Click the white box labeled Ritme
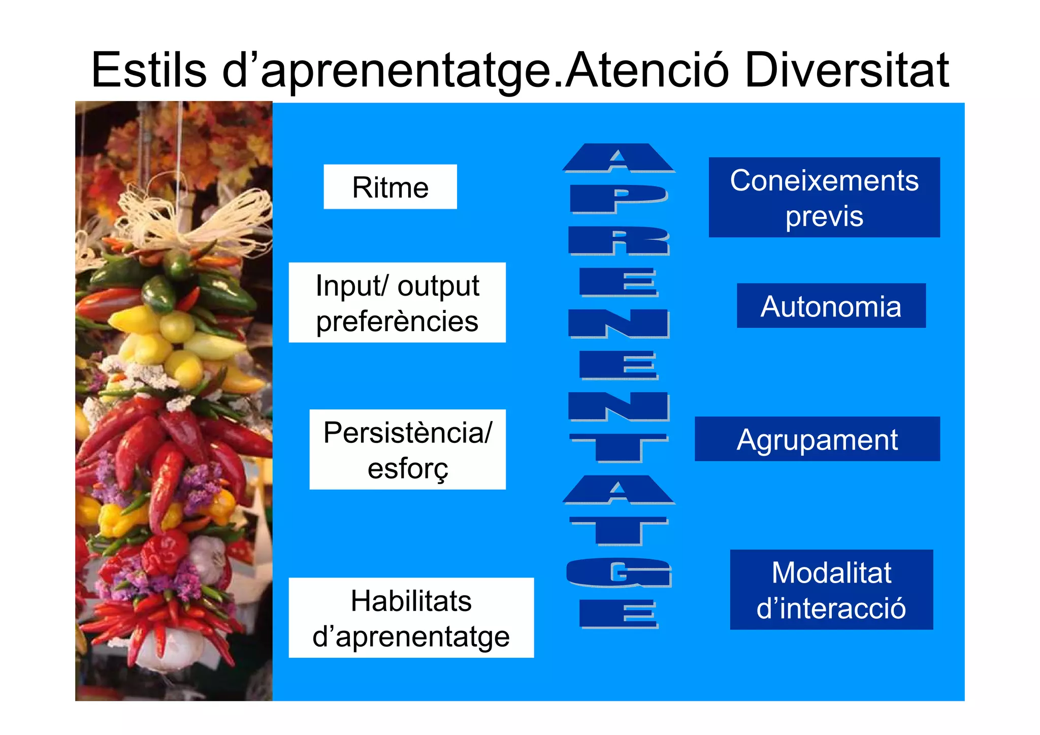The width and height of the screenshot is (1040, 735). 390,187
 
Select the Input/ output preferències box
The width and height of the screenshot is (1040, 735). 397,303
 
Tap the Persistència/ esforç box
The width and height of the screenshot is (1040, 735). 407,450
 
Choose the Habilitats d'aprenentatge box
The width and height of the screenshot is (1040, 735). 411,618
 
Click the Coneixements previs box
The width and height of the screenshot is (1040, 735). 824,197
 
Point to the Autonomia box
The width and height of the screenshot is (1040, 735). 831,306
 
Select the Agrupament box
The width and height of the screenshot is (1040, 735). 817,439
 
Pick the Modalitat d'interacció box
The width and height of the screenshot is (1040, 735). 831,590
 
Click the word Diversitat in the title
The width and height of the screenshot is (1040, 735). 847,70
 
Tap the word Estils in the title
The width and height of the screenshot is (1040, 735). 149,70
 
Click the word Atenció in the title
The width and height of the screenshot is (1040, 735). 647,70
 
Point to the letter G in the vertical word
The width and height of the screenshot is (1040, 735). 619,573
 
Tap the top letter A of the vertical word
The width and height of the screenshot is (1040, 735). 618,158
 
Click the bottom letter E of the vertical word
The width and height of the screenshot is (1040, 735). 619,614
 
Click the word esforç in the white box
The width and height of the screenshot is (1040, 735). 408,468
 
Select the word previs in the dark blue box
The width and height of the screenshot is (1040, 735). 824,216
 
